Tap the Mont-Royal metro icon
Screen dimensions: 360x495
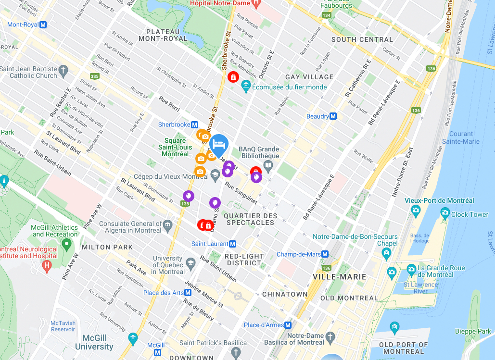(44, 25)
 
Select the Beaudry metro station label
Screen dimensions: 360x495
(318, 116)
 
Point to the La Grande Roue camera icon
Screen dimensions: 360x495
(411, 269)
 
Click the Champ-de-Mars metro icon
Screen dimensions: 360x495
(325, 254)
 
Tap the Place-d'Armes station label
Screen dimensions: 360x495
(264, 325)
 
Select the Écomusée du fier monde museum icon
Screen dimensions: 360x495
(246, 87)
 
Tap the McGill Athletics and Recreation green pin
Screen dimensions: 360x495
(67, 244)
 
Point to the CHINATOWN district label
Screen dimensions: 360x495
(285, 294)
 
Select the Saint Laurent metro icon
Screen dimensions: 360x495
(233, 244)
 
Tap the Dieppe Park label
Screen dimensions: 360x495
(473, 331)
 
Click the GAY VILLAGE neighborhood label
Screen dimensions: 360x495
(309, 77)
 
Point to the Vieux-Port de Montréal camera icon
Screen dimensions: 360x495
(416, 210)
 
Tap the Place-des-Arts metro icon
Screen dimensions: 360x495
(188, 292)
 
